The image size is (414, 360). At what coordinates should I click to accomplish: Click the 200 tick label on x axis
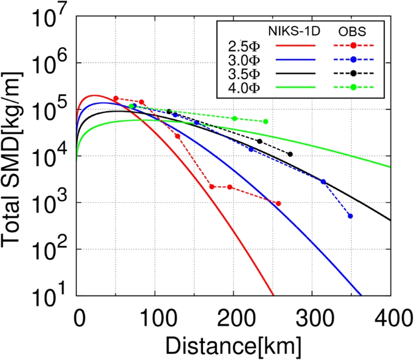[x=234, y=316]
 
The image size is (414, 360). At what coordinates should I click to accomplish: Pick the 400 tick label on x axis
[x=390, y=316]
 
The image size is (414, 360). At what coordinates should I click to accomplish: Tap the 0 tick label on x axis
[x=77, y=316]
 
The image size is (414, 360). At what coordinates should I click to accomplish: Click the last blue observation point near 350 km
[x=351, y=216]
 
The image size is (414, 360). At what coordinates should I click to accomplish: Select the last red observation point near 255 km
[x=278, y=204]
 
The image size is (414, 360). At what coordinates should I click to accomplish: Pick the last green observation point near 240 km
[x=266, y=121]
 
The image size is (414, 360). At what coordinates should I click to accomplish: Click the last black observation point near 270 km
[x=290, y=154]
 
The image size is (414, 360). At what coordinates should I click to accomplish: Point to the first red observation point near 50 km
[x=115, y=98]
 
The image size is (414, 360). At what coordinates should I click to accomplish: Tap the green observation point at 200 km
[x=234, y=118]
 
